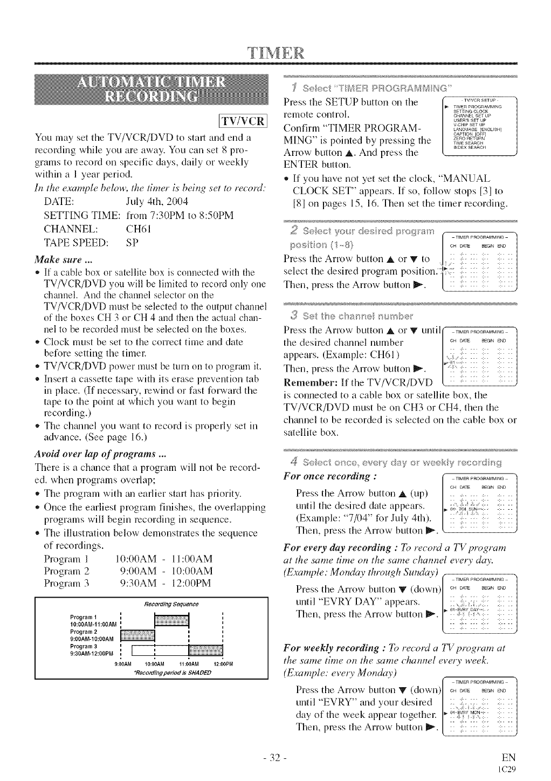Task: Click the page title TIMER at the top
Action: pos(276,55)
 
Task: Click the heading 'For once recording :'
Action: pos(329,476)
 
